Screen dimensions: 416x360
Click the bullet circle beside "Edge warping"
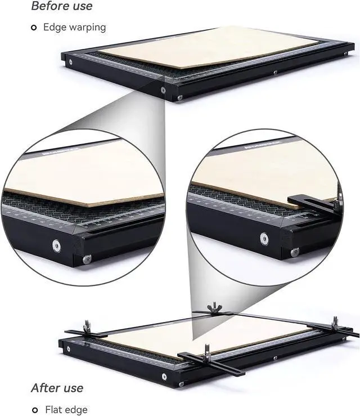pos(34,27)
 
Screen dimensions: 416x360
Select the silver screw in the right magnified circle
pos(264,239)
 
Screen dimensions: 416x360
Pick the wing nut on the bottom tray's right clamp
pos(335,321)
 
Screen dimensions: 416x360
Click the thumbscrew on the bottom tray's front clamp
pos(206,348)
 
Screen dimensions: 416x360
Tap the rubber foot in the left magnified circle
pos(87,259)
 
